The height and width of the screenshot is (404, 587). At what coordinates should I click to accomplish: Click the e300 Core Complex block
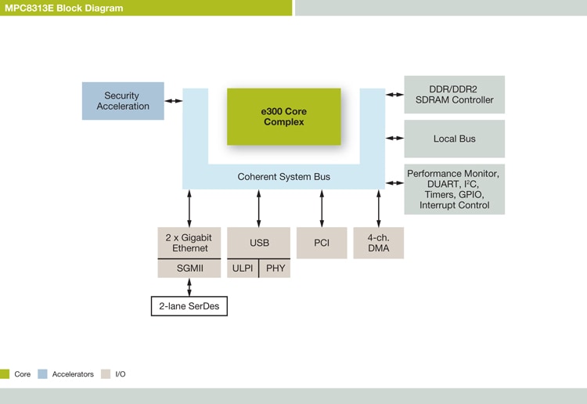283,117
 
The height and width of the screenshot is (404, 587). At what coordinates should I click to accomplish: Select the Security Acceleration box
123,101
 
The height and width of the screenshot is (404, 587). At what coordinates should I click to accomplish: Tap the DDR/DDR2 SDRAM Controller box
454,95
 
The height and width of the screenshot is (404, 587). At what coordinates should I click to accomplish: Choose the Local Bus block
454,139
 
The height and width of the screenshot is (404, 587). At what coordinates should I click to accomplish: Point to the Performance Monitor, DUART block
454,189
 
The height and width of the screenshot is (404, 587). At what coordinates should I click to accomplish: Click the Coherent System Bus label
283,177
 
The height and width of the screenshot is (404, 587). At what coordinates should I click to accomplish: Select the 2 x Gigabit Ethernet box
189,243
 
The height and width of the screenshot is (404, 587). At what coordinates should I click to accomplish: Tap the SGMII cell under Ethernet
189,269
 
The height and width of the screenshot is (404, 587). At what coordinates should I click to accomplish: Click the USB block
258,243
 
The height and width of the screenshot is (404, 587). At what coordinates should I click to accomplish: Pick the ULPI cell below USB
242,269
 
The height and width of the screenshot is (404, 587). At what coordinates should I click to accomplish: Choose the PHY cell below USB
275,269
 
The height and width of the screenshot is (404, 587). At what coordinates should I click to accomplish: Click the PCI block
322,243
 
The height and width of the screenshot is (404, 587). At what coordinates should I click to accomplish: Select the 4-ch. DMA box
378,243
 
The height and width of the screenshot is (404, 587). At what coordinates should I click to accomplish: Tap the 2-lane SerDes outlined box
189,305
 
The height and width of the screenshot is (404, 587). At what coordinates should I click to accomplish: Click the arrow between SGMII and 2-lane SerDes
189,287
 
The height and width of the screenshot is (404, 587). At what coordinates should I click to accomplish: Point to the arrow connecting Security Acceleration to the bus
173,101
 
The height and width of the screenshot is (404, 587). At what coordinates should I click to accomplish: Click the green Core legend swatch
5,374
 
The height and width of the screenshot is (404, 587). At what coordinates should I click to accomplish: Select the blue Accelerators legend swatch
43,374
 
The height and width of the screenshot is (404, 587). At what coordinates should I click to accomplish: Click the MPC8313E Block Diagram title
63,8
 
